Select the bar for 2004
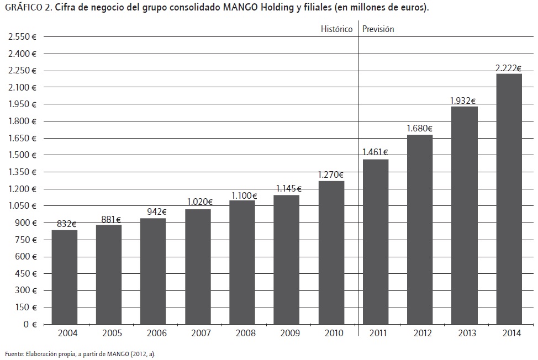coord(65,277)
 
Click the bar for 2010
coord(331,252)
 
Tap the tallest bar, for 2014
coord(509,199)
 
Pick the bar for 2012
coord(420,229)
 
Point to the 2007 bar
coord(198,267)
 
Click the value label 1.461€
coord(375,152)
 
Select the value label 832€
coord(66,224)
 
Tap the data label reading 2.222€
coord(509,67)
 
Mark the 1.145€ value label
coord(287,188)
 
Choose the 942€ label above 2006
coord(154,211)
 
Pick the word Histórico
coord(336,29)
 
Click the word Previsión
coord(378,29)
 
